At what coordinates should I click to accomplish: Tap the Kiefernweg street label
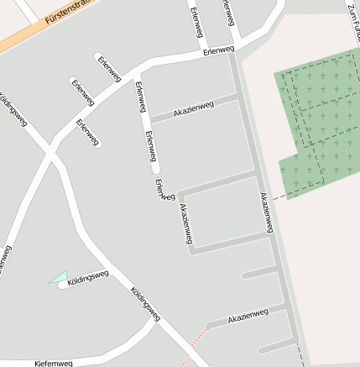[54, 363]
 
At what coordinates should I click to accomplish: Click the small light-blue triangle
[59, 276]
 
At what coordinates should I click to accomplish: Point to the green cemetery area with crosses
[323, 118]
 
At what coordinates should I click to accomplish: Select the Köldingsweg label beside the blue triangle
[88, 276]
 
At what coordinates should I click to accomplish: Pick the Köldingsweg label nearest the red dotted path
[145, 304]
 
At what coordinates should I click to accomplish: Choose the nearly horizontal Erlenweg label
[217, 51]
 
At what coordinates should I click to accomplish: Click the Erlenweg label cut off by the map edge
[227, 12]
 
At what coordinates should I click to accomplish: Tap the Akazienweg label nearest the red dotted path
[248, 315]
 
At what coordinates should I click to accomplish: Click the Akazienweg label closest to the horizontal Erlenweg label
[194, 108]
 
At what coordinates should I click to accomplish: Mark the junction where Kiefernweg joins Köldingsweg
[156, 322]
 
